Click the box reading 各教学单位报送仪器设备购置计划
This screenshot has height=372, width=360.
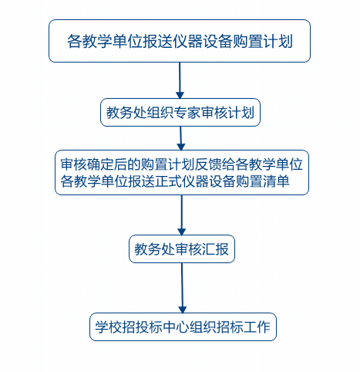(180, 41)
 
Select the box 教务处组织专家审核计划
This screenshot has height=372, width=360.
(180, 113)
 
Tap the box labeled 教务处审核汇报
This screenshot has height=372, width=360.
(182, 249)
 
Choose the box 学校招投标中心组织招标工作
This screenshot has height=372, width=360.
(183, 327)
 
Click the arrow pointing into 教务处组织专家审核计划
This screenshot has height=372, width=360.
(180, 80)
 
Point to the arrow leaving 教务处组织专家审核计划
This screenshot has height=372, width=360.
(180, 138)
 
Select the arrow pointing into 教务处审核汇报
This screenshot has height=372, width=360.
(182, 215)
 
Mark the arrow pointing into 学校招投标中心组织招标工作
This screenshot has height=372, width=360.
(182, 288)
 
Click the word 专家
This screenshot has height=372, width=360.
(187, 113)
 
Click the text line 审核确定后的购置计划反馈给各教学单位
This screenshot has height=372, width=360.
(181, 164)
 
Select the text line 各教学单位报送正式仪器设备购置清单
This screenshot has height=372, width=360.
(175, 181)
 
